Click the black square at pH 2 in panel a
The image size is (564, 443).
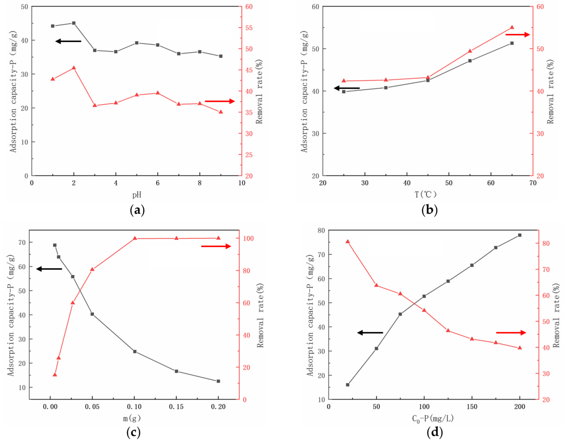[74, 23]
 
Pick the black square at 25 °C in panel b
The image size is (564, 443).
[344, 92]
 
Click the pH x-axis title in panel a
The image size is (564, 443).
[137, 194]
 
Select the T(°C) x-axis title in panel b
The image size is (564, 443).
[426, 194]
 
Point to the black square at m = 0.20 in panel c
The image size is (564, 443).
[218, 381]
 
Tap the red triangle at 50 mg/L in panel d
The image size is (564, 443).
[376, 285]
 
